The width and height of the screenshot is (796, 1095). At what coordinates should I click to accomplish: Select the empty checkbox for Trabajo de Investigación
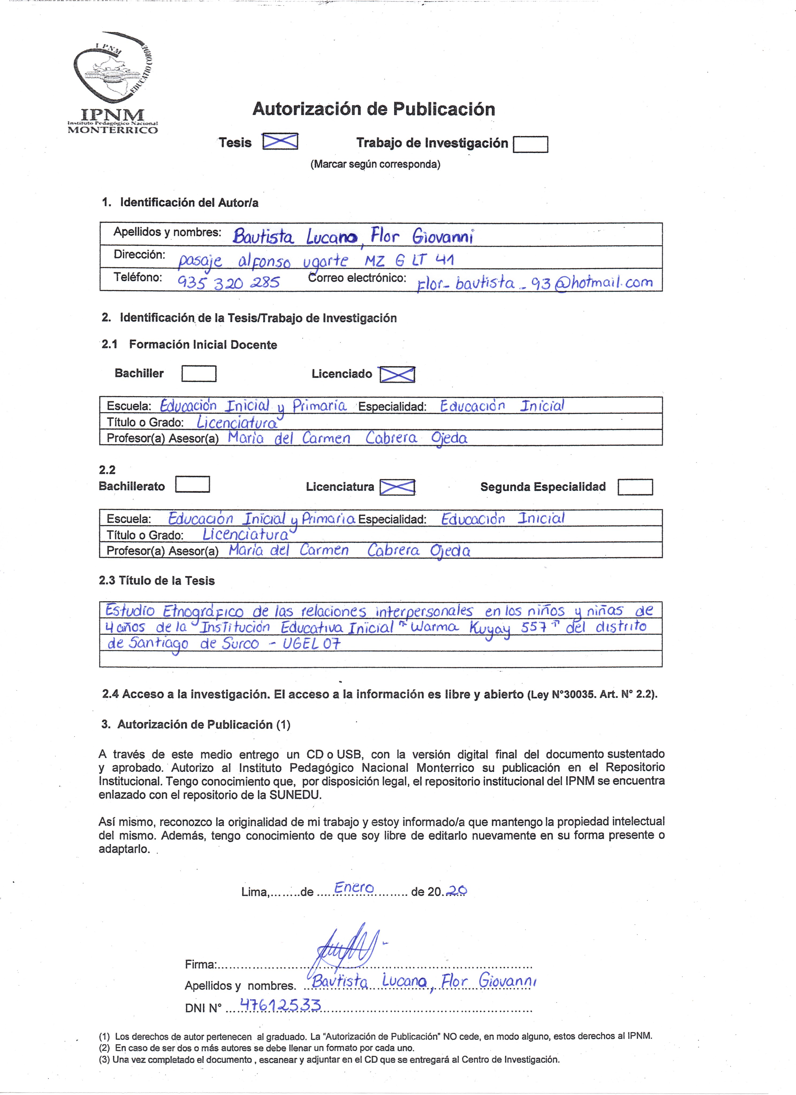pyautogui.click(x=530, y=144)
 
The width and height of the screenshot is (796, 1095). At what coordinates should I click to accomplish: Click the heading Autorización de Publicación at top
pyautogui.click(x=373, y=109)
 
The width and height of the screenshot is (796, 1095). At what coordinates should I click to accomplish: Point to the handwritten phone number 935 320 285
pyautogui.click(x=228, y=281)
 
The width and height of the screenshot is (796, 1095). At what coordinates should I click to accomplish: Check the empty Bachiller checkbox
pyautogui.click(x=199, y=374)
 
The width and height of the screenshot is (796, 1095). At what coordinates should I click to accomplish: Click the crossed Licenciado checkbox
pyautogui.click(x=397, y=374)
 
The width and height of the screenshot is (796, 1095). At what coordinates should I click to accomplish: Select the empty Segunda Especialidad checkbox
pyautogui.click(x=635, y=487)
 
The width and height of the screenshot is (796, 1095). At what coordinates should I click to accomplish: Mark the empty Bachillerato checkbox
pyautogui.click(x=192, y=485)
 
